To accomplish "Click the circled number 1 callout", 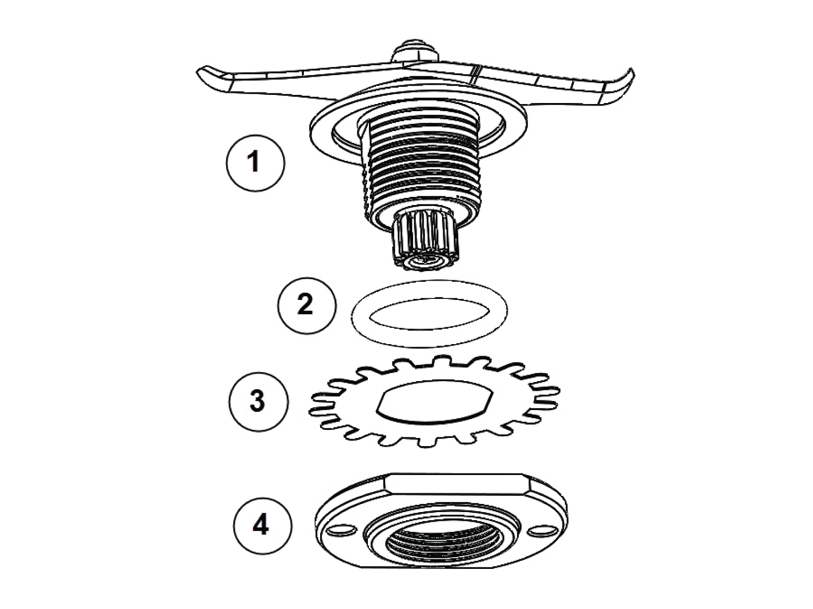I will (x=256, y=162).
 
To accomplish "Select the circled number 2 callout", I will (x=307, y=306).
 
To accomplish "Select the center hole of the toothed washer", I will (x=434, y=401).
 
